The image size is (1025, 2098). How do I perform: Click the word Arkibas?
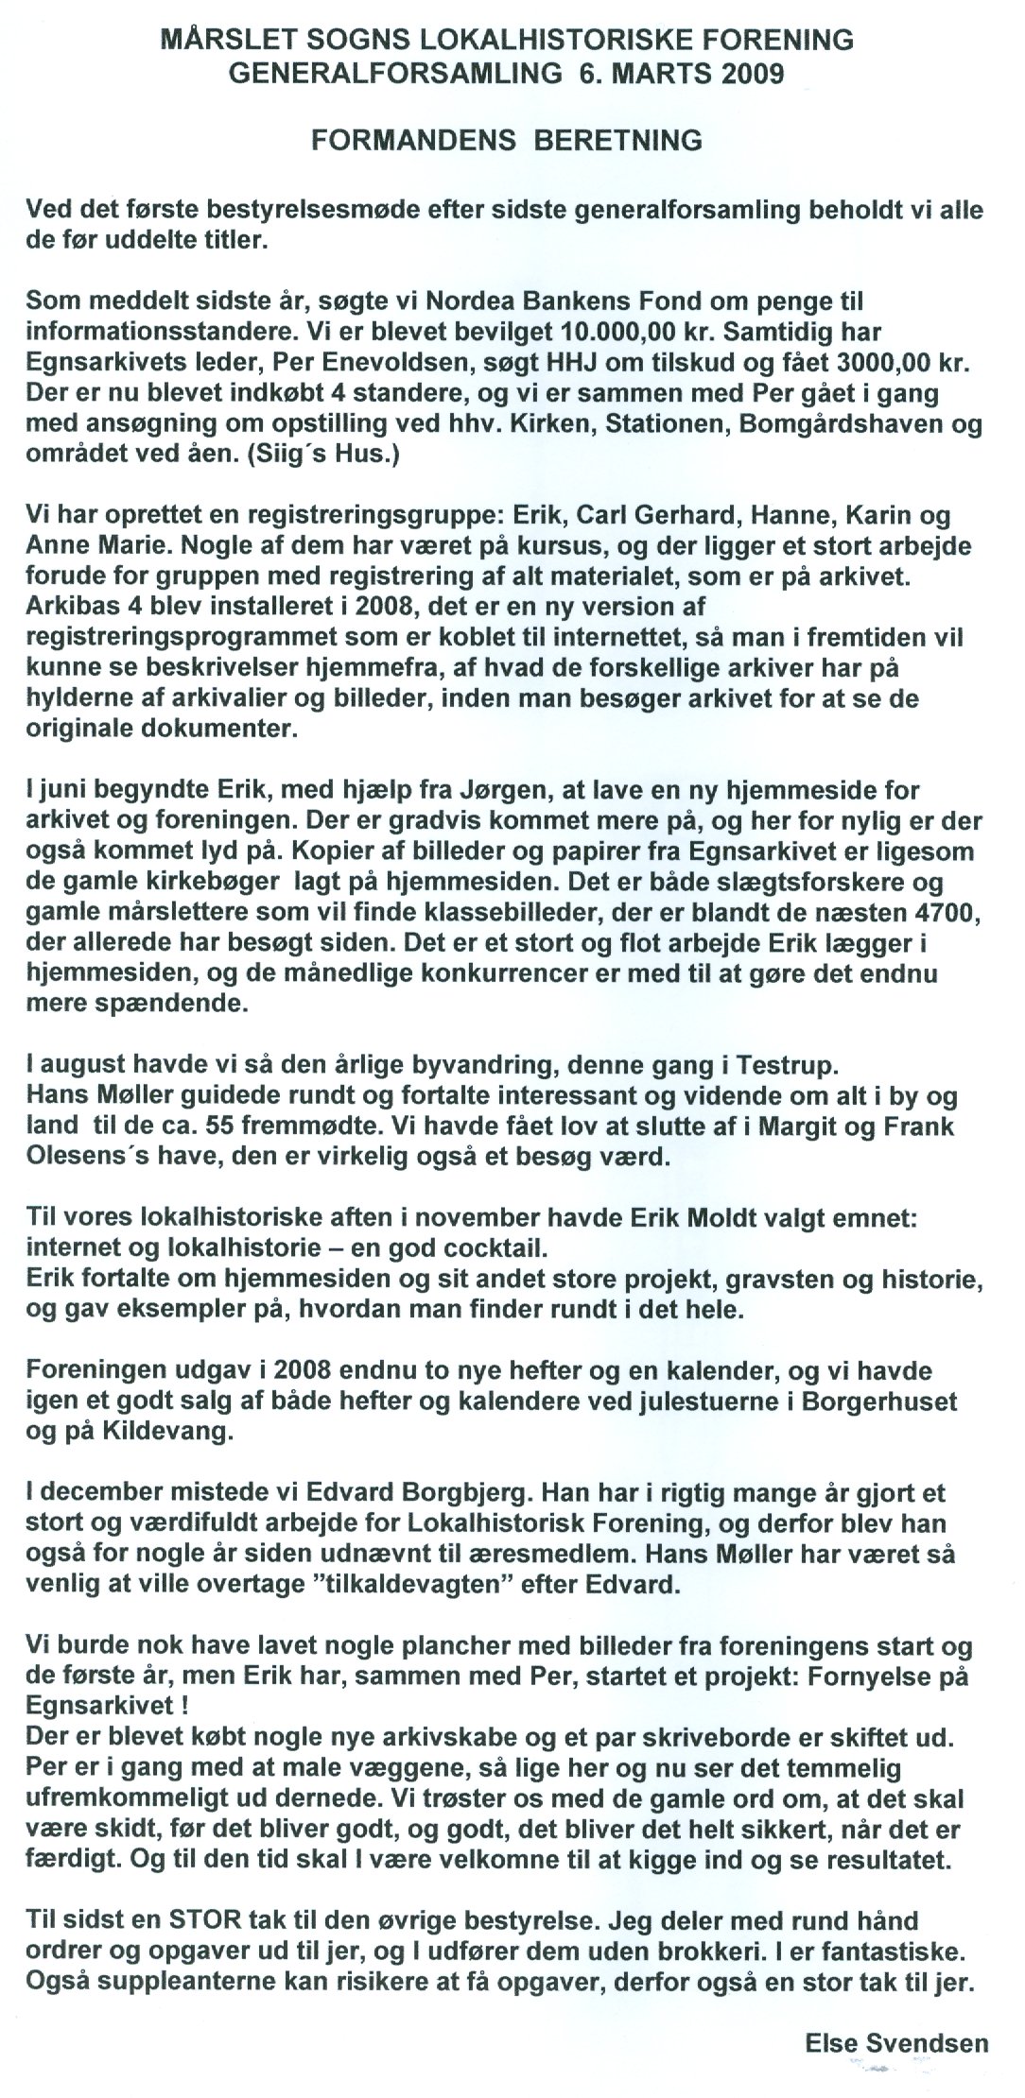pos(66,604)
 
